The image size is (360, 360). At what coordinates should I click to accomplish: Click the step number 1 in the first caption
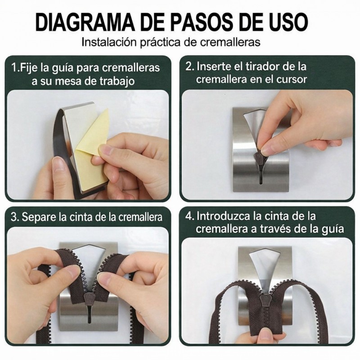tap(14, 68)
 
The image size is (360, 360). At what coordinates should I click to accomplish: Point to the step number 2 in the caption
tap(189, 67)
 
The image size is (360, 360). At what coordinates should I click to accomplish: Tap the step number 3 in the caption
tap(14, 217)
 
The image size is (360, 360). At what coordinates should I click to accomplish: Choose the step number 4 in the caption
tap(189, 216)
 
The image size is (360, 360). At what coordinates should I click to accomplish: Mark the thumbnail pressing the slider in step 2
tap(266, 150)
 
